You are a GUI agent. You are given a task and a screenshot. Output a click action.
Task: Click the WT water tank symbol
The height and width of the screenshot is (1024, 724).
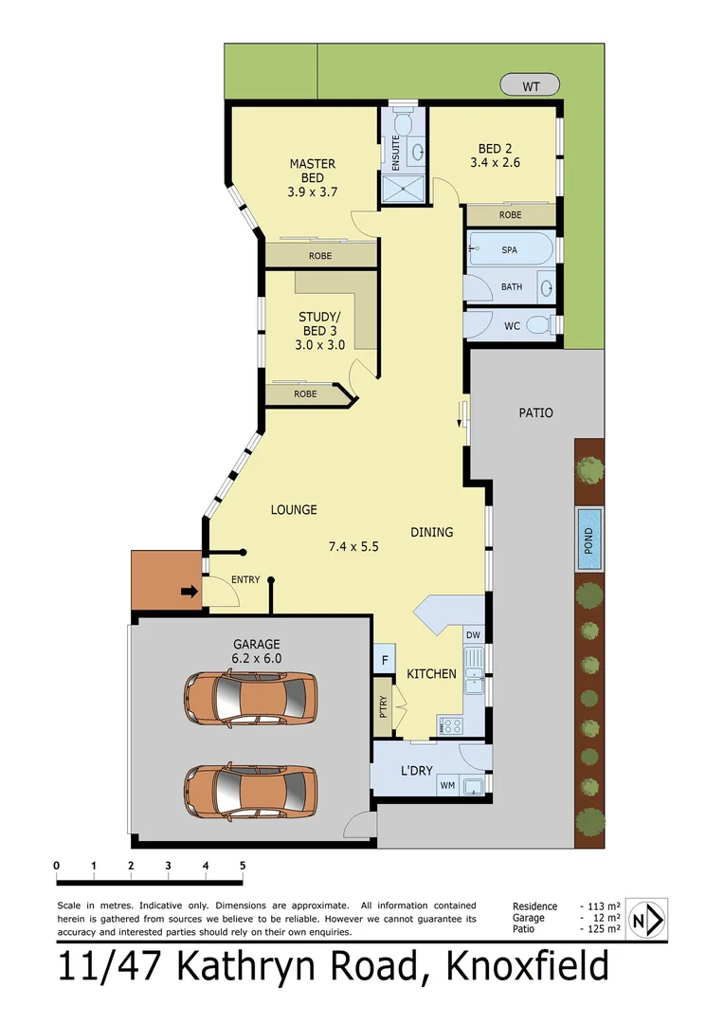tap(531, 86)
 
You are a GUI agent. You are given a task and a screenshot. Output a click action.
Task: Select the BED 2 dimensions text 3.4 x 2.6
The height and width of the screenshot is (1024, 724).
tap(495, 162)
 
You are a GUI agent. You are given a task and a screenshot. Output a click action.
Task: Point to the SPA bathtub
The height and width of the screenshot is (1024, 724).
tap(510, 250)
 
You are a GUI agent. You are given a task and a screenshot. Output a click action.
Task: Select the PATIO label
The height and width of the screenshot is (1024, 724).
tap(535, 412)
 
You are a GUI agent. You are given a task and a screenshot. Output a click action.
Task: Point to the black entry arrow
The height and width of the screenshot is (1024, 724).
tap(190, 592)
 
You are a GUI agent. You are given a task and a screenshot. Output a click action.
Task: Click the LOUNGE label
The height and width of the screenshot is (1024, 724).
tap(294, 510)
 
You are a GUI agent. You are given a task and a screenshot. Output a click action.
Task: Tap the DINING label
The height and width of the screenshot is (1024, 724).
tap(431, 532)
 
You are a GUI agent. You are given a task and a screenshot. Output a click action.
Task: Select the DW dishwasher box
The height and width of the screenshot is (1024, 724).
tap(473, 635)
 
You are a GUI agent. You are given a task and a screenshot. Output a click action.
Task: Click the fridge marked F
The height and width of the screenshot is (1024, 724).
tap(385, 660)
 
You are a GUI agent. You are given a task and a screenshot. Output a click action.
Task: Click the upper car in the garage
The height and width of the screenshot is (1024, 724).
tap(251, 700)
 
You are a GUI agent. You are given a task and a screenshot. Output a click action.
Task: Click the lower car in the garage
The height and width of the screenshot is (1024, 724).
tap(251, 791)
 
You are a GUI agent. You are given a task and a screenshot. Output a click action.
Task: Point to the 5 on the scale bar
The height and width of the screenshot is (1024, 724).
tap(243, 865)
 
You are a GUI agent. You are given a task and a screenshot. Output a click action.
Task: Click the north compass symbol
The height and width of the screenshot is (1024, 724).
tap(647, 919)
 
